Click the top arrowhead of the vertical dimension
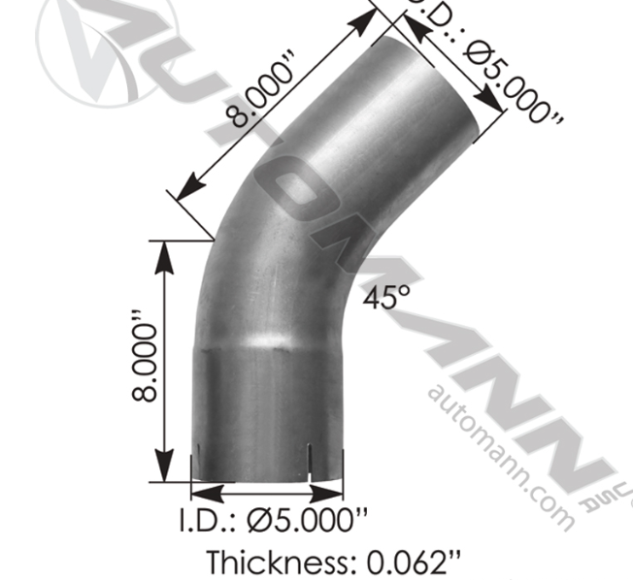pos(166,250)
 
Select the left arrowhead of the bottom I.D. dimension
pos(199,491)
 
